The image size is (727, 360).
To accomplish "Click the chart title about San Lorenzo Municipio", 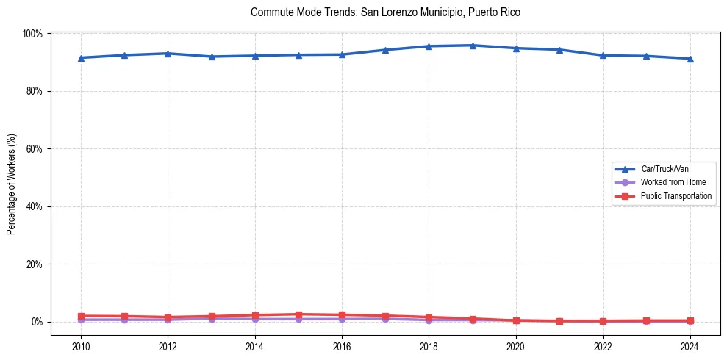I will click(385, 12).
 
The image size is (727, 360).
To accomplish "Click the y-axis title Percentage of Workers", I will click(12, 184).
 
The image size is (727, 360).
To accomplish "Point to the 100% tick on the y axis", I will click(32, 34).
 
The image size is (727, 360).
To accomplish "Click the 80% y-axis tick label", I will click(34, 91).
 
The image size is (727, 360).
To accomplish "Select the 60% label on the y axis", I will click(34, 149).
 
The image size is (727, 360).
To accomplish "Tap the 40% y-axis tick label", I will click(34, 206).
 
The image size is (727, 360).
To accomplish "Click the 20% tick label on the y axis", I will click(34, 264).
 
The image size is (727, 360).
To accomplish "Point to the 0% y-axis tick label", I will click(36, 322).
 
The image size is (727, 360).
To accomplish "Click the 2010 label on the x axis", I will click(81, 345).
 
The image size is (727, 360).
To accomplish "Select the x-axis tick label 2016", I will click(342, 345).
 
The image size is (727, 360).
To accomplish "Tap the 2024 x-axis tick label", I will click(690, 345).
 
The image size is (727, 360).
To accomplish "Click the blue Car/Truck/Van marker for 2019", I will click(473, 46).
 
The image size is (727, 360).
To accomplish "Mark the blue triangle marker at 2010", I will click(81, 58).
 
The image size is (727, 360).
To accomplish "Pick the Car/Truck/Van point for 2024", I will click(690, 59).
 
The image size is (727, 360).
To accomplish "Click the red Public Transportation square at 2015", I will click(298, 314).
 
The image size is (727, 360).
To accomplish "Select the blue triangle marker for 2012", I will click(168, 54).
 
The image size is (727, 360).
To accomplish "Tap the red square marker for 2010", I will click(81, 316).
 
